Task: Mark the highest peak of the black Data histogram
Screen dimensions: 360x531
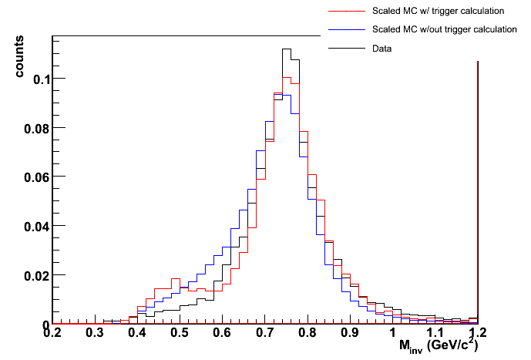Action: tap(286, 49)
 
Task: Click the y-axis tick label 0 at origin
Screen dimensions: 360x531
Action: tap(45, 324)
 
